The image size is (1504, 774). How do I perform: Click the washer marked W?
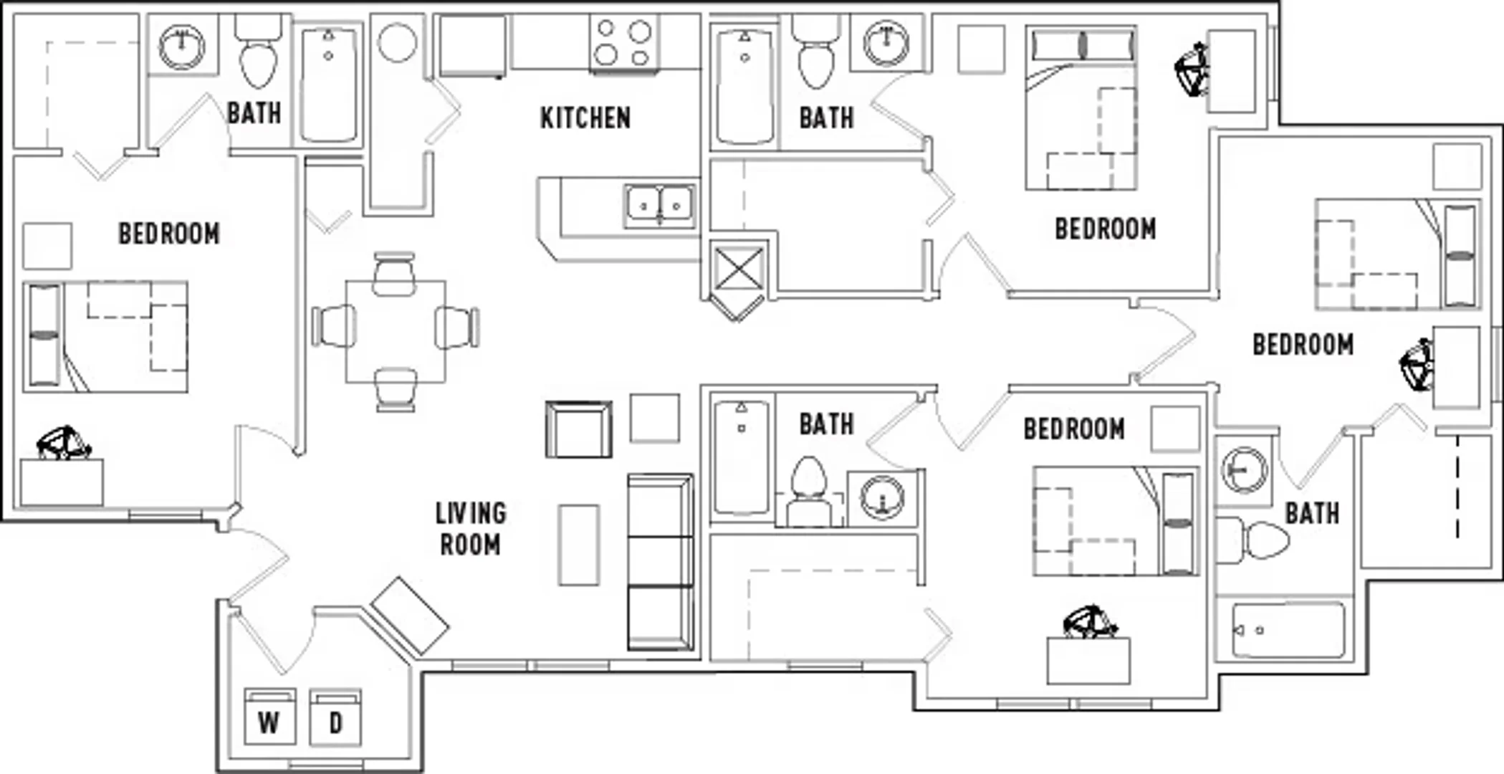[269, 717]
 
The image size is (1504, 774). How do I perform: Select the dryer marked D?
[335, 717]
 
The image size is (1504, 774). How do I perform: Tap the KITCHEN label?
[585, 118]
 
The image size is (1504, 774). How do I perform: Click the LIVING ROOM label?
[470, 529]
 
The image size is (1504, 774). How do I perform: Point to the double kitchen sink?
[659, 206]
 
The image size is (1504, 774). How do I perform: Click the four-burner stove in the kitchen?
[623, 43]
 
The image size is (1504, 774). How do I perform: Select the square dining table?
[396, 331]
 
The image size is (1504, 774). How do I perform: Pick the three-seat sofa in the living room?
[660, 562]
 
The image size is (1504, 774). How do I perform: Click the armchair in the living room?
[579, 429]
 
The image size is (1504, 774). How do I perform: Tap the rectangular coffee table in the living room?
[579, 545]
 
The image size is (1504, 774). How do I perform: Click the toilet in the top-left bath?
[258, 50]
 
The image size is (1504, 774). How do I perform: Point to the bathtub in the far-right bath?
[1288, 631]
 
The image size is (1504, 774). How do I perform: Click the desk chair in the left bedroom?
[64, 443]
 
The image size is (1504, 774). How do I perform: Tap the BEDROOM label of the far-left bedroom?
[169, 234]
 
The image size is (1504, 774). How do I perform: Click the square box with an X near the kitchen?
[737, 268]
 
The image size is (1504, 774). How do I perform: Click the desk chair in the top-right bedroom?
[1191, 70]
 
